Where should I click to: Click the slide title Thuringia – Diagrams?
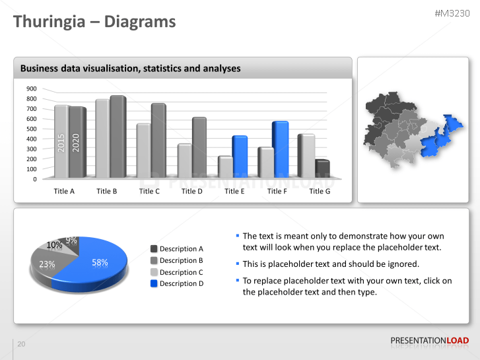[95, 22]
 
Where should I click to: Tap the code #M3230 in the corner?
[452, 13]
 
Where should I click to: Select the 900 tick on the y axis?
[32, 89]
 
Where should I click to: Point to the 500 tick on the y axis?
[32, 129]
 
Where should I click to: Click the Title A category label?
[64, 191]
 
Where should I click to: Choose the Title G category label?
[320, 191]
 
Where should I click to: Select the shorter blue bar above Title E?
[239, 157]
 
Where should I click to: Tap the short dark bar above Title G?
[322, 169]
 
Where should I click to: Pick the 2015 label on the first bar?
[61, 143]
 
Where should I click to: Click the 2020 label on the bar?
[76, 143]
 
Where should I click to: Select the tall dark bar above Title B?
[118, 137]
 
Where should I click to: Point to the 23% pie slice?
[47, 265]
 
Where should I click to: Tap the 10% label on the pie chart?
[54, 245]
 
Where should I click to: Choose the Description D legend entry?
[176, 283]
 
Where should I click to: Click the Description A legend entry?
[176, 249]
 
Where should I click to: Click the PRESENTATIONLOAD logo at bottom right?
[429, 341]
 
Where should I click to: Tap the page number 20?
[21, 344]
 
